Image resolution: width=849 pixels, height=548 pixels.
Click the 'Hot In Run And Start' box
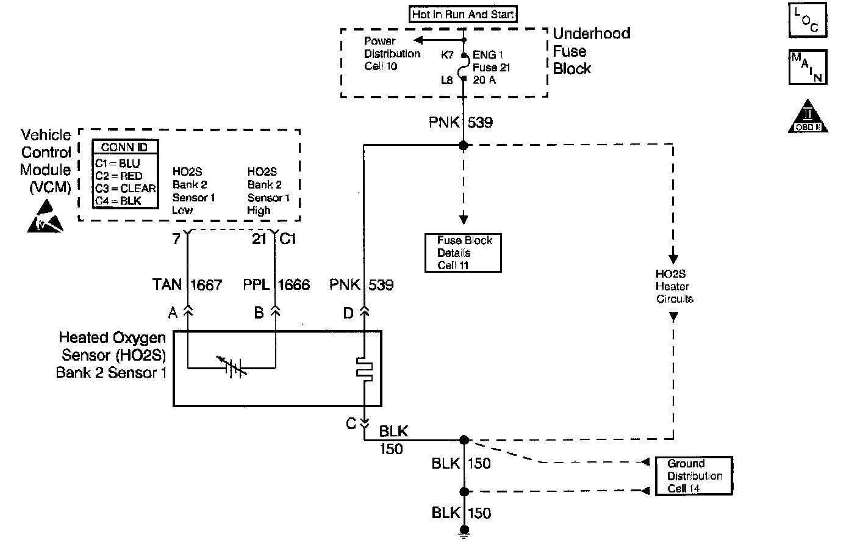464,14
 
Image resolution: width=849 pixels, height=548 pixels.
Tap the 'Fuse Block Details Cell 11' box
463,253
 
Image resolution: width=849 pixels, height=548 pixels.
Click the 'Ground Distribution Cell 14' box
693,476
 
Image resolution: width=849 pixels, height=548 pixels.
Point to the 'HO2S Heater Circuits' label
674,286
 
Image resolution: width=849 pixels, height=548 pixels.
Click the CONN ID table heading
125,147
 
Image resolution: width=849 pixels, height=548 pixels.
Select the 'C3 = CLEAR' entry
125,189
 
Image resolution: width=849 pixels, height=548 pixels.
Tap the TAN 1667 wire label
187,284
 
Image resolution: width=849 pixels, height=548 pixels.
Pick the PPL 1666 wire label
276,284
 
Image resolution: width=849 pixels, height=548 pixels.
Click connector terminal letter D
348,313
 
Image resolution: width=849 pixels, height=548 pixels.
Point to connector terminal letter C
351,423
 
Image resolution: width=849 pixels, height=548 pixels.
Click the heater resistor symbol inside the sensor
365,369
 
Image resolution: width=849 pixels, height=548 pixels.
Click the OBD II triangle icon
808,117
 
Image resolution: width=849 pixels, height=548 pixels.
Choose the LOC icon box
808,20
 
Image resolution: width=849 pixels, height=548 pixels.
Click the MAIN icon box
808,67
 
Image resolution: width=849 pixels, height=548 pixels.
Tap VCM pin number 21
260,239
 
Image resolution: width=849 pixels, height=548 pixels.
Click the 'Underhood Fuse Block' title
590,51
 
